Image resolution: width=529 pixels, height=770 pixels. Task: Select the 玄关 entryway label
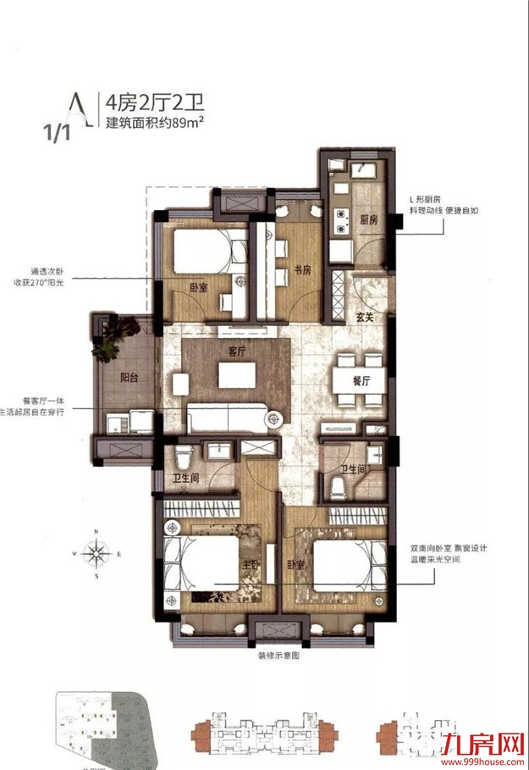(x=365, y=317)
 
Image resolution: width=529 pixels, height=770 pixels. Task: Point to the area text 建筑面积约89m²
(x=158, y=123)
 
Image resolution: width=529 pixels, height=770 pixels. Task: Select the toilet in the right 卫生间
(x=339, y=484)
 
